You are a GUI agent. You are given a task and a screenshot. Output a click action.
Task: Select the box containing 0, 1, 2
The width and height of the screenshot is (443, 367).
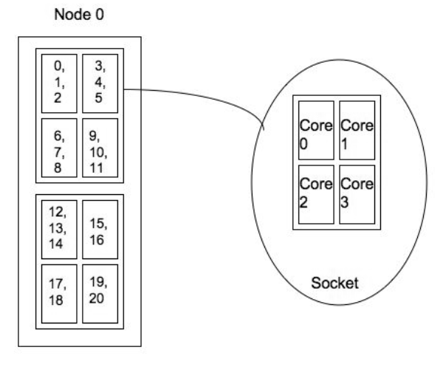coord(59,83)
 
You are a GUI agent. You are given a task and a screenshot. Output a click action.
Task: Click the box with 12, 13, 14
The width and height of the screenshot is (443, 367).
coord(59,229)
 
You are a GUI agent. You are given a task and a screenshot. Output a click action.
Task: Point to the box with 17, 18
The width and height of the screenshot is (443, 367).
coord(59,293)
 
